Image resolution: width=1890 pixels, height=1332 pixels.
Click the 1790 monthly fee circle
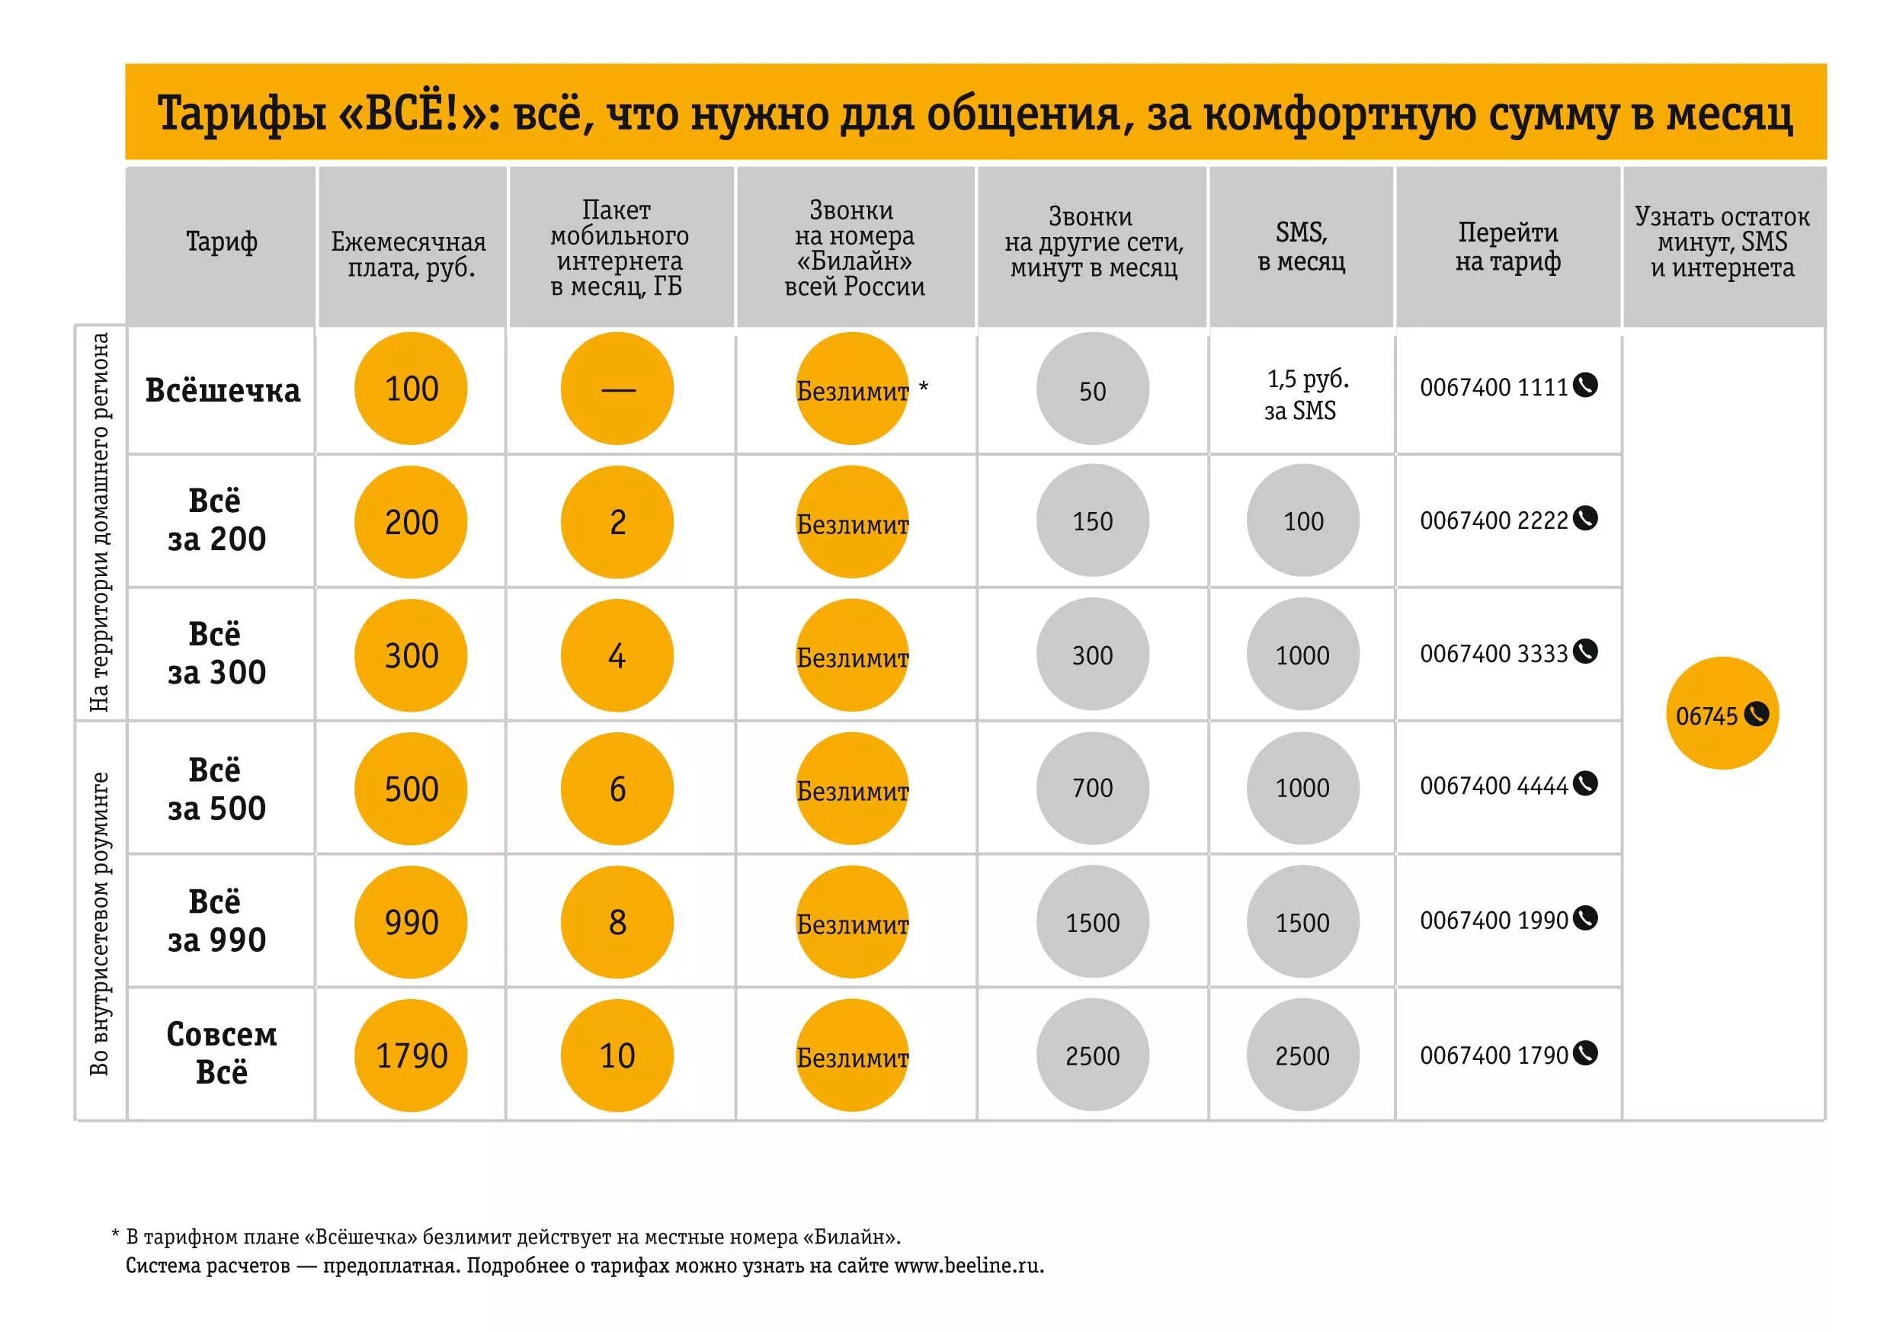410,1055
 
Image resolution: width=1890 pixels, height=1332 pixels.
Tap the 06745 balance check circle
1722,714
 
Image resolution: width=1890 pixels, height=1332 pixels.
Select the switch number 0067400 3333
1493,654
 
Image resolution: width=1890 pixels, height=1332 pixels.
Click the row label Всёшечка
223,390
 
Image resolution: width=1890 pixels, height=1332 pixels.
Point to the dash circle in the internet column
617,389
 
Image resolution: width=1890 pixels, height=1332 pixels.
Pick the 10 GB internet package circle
617,1055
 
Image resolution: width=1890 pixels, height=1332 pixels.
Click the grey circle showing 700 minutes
1091,788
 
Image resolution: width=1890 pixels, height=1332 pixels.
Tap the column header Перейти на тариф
1507,247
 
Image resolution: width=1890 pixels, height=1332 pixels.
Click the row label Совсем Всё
222,1053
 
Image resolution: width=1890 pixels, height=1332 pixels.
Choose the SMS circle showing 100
1302,520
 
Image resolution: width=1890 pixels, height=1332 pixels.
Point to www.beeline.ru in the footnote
967,1265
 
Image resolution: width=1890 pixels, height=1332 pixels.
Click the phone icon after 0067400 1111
1584,386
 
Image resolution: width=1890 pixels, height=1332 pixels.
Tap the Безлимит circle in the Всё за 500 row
852,789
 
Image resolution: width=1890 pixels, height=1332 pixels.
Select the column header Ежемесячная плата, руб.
409,255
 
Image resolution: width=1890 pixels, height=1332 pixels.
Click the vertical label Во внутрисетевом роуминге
100,923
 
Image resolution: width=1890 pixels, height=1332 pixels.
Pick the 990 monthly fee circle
410,922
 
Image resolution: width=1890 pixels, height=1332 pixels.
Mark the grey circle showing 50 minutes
1091,389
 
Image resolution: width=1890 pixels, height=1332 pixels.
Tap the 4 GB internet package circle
617,655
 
